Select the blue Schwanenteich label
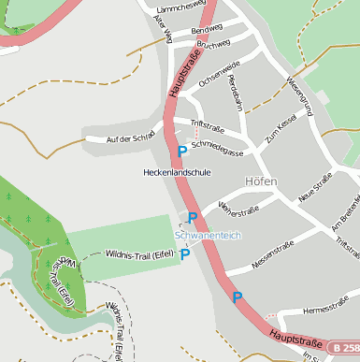coord(206,235)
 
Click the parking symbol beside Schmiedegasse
coord(181,152)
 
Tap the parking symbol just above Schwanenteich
coord(193,218)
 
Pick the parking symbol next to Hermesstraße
coord(238,297)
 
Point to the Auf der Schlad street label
coord(130,138)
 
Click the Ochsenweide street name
coord(220,74)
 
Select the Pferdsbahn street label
coord(236,93)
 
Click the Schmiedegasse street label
coord(217,147)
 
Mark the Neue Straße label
coord(315,189)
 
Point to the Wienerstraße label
coord(238,205)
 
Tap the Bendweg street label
coord(207,30)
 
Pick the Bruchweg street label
coord(214,44)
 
